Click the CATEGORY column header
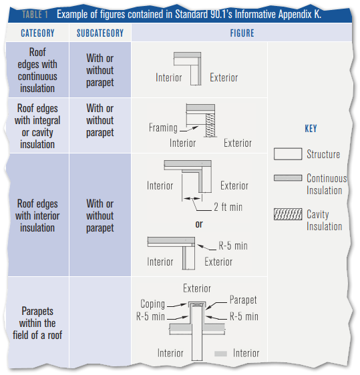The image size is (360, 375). pos(37,33)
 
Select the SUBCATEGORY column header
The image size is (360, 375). pos(100,33)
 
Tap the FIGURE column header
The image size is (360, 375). pos(242,33)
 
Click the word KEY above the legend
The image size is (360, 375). pos(311,128)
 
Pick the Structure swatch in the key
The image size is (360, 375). pos(288,153)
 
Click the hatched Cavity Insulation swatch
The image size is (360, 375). pos(288,214)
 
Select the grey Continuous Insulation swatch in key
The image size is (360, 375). pos(288,178)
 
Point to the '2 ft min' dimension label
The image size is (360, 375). pos(228,207)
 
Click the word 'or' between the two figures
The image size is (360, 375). pos(199,224)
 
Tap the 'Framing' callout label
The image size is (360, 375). pos(163,127)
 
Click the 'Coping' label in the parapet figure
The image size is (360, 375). pos(152,304)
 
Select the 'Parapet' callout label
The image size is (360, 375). pos(243,300)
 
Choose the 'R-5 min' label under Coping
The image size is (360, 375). pos(150,316)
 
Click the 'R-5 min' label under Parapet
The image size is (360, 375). pos(244,316)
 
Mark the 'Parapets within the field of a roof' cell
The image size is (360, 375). pos(37,323)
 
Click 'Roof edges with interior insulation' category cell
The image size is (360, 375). pos(37,216)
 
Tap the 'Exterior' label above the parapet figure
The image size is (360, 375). pos(197,288)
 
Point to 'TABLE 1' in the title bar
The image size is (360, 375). pos(35,15)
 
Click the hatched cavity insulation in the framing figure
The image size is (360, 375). pos(210,125)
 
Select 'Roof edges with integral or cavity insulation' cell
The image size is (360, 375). pos(37,126)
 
